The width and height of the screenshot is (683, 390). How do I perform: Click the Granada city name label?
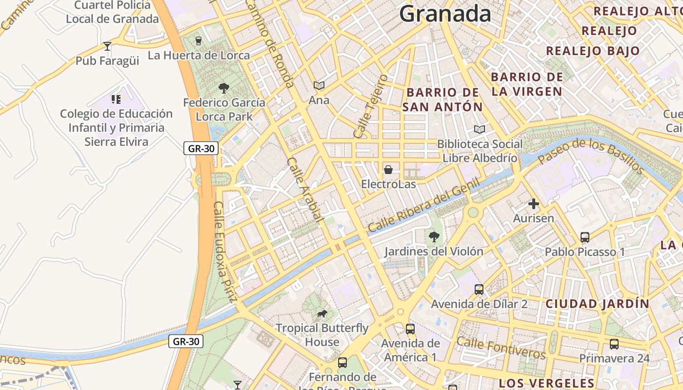(x=445, y=14)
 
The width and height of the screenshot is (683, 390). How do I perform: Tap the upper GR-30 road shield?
(x=201, y=148)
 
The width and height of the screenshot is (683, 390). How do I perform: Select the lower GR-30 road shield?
(x=186, y=341)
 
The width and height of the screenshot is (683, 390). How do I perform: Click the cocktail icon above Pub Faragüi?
(x=107, y=46)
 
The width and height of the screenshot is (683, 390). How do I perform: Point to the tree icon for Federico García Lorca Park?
(x=224, y=88)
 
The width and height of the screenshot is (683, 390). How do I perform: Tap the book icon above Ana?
(x=319, y=86)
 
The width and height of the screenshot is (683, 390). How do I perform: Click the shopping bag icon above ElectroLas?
(x=388, y=170)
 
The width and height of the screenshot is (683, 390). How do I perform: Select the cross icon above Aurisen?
(x=533, y=204)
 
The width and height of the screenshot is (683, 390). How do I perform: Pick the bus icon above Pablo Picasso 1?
(x=584, y=237)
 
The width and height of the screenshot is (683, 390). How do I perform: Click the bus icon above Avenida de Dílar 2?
(x=479, y=290)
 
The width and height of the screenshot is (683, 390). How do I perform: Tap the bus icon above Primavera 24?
(x=614, y=344)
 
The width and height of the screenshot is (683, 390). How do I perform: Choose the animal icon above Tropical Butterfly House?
(x=321, y=313)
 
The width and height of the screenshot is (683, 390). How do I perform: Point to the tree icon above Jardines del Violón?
(x=433, y=237)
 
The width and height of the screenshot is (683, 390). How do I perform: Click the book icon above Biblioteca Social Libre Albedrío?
(x=480, y=129)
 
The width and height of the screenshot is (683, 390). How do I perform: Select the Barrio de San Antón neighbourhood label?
(x=442, y=99)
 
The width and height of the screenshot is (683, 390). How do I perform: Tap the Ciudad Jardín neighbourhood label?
(x=597, y=304)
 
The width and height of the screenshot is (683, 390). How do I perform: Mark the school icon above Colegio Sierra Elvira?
(x=116, y=99)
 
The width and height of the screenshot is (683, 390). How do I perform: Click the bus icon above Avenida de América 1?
(x=410, y=329)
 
